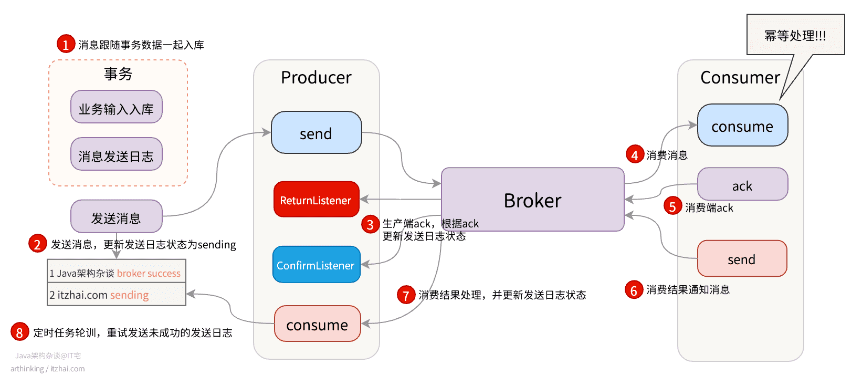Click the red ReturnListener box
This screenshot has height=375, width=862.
[x=316, y=200]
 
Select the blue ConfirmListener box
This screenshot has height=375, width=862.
[x=316, y=265]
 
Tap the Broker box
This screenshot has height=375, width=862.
[x=532, y=200]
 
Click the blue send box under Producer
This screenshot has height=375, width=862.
[x=316, y=133]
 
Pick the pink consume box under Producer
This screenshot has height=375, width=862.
[x=317, y=324]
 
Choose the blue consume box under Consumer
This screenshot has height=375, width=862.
[x=742, y=126]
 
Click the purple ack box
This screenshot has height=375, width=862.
[x=742, y=185]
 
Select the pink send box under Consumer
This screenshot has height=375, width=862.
[x=742, y=258]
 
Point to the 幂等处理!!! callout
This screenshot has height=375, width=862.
[x=795, y=35]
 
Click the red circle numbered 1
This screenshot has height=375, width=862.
[x=66, y=44]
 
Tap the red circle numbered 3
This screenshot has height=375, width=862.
[x=370, y=224]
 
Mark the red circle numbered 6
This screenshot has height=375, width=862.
[x=634, y=290]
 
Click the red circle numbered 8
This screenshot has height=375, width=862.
[x=19, y=332]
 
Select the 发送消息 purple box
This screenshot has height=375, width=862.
[x=116, y=217]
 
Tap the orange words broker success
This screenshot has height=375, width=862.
[x=149, y=273]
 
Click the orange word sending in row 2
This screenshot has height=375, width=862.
[x=129, y=295]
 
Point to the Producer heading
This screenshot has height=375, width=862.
[x=316, y=77]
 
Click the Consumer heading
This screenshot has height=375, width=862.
[x=740, y=77]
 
